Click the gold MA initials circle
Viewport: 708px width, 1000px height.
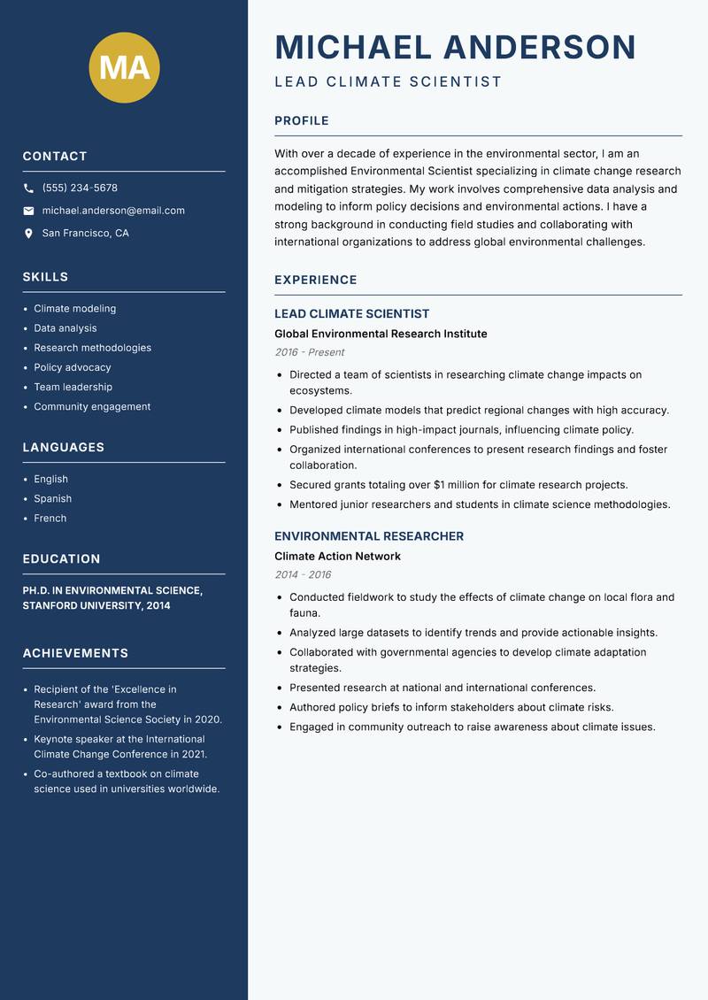click(x=124, y=67)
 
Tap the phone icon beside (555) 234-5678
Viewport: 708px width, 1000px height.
click(x=28, y=188)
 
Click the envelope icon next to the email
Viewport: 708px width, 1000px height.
click(x=28, y=211)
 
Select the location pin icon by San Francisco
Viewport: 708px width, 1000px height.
click(x=28, y=234)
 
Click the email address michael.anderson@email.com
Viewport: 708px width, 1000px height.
click(x=113, y=211)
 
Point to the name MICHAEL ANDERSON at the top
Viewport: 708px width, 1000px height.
click(x=455, y=47)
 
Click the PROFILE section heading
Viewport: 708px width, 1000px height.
click(x=301, y=121)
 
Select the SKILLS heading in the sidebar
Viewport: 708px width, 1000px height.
click(x=45, y=277)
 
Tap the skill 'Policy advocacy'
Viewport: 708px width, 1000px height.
click(x=73, y=367)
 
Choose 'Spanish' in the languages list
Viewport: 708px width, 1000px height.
click(x=53, y=498)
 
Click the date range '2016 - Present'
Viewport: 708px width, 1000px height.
click(x=309, y=352)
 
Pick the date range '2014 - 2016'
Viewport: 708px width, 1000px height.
click(x=303, y=574)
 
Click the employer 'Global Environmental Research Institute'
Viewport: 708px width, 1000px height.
click(x=381, y=334)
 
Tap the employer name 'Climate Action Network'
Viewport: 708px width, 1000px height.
click(x=337, y=556)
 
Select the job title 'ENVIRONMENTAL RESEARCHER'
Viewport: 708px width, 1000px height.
click(x=368, y=536)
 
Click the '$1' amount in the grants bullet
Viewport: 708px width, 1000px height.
click(x=440, y=485)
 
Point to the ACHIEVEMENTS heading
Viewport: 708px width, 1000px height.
click(x=75, y=653)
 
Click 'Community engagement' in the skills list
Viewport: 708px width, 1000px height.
click(x=92, y=406)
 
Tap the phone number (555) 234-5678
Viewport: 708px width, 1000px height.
click(x=80, y=188)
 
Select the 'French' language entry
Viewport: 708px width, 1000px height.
click(x=50, y=518)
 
